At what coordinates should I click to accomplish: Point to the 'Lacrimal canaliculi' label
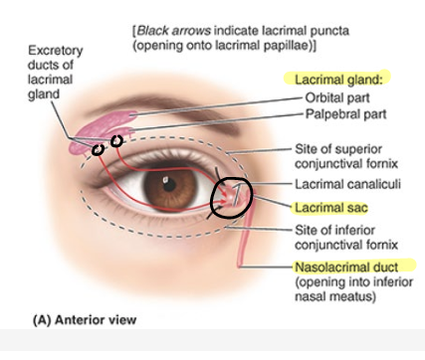[x=347, y=185]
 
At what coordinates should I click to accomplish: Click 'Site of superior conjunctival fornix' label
[x=347, y=155]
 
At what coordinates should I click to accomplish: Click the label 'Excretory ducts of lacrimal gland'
[x=56, y=71]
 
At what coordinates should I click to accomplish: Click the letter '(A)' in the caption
[x=45, y=320]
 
